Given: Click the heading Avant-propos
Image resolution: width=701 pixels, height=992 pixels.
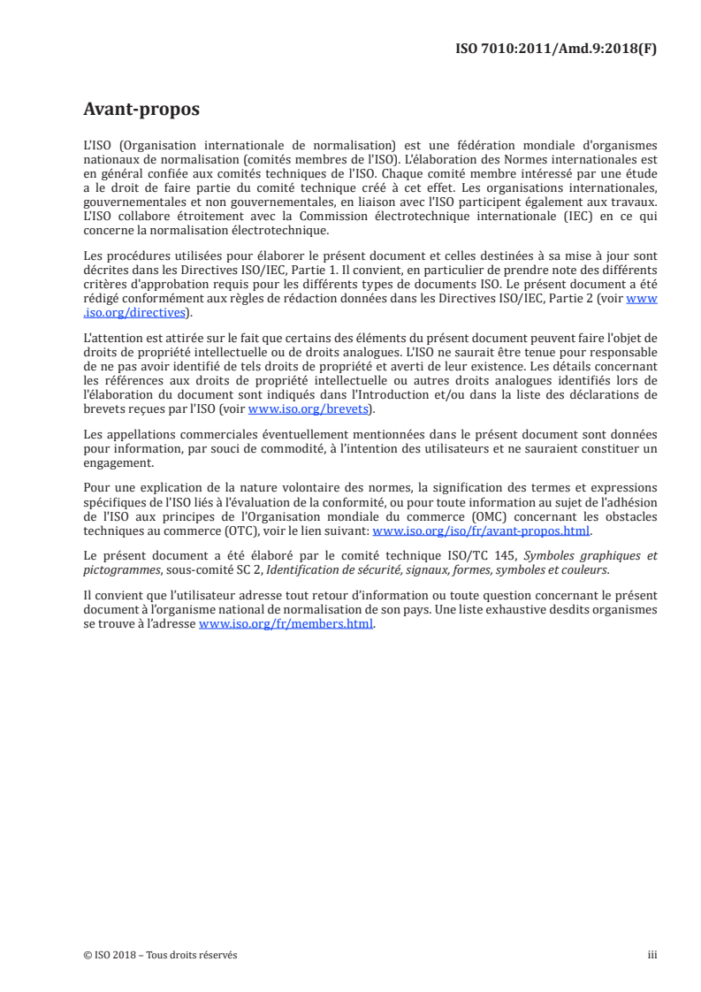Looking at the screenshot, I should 141,110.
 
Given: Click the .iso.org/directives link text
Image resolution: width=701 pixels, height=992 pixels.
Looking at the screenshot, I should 133,312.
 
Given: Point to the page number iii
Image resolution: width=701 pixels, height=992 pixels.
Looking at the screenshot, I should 652,955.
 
